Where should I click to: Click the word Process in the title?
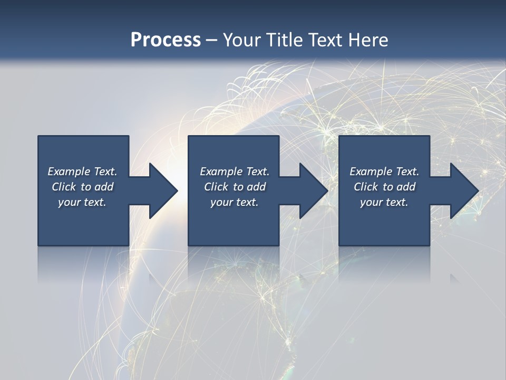coord(166,40)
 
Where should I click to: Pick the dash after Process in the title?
coord(212,40)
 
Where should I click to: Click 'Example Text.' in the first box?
coord(82,172)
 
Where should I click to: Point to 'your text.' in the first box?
coord(82,202)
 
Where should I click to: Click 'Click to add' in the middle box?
coord(235,187)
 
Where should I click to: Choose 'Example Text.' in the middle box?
coord(235,172)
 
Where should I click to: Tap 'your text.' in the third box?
coord(384,202)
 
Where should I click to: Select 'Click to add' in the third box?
coord(384,187)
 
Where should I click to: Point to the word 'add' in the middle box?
coord(256,187)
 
